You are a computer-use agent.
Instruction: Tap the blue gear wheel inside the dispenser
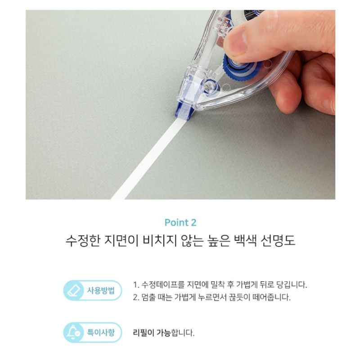click(239, 67)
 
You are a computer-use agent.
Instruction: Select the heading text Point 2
click(180, 222)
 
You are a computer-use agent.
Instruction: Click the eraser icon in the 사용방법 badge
click(74, 290)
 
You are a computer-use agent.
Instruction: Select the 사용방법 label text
click(101, 290)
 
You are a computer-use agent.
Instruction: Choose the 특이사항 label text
click(101, 332)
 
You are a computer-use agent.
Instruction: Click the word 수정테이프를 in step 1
click(163, 285)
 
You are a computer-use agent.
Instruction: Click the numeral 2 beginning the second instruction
click(136, 297)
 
